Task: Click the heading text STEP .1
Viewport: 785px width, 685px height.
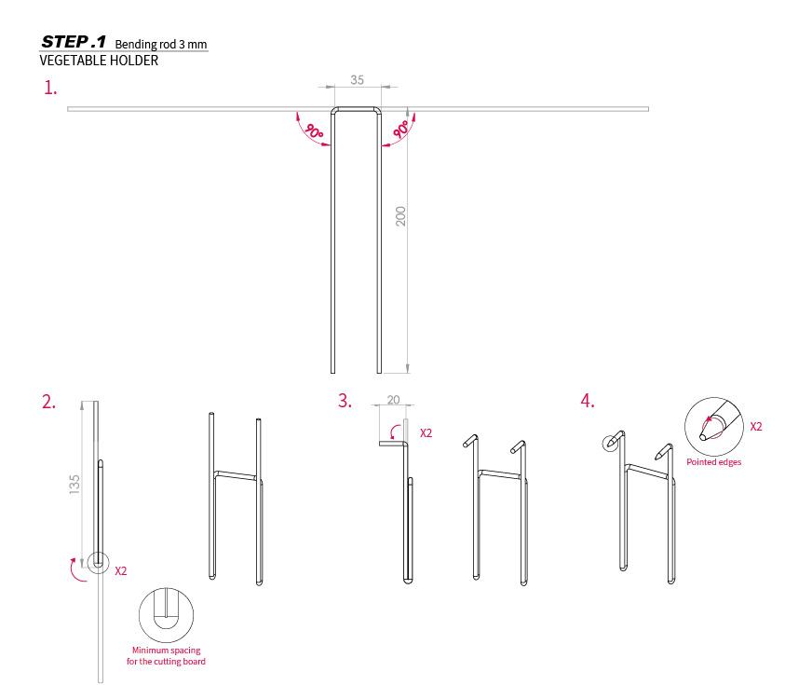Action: click(x=74, y=42)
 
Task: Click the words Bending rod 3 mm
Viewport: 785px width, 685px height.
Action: click(x=161, y=44)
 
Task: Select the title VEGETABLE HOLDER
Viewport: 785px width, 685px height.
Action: click(x=99, y=61)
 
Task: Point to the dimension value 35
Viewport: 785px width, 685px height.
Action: click(x=357, y=79)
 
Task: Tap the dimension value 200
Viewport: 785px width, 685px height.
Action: click(x=400, y=216)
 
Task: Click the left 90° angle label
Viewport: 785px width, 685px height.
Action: click(x=315, y=131)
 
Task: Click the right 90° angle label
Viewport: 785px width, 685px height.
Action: click(x=401, y=130)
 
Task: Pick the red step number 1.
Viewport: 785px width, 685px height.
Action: click(x=50, y=88)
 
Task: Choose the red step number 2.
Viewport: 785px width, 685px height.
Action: click(x=48, y=402)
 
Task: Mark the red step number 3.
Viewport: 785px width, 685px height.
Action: click(x=345, y=401)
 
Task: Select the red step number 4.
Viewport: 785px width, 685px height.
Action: click(x=588, y=401)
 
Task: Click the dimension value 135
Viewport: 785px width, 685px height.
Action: click(x=74, y=485)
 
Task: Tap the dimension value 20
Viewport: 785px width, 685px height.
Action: click(x=394, y=400)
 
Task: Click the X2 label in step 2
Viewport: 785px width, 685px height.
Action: click(x=121, y=570)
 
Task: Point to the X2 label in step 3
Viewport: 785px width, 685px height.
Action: click(x=426, y=433)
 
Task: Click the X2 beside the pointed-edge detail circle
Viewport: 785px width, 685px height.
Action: click(x=756, y=427)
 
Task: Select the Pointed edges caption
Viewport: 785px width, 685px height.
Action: click(x=713, y=462)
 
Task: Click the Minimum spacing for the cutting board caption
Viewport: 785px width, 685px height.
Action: click(x=166, y=656)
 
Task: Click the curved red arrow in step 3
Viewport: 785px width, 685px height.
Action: click(x=395, y=431)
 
